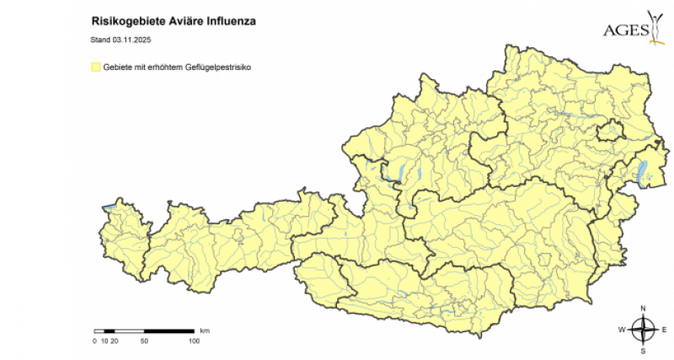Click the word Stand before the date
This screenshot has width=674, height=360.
(100, 39)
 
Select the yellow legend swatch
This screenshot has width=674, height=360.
(95, 65)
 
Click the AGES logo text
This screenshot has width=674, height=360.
(626, 30)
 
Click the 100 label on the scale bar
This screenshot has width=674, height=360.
(194, 341)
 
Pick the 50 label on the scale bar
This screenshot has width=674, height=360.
(144, 341)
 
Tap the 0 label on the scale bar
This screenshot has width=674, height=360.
(94, 341)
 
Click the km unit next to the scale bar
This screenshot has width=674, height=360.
(205, 330)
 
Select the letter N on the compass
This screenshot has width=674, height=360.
(643, 308)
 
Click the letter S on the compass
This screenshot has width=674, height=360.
(643, 349)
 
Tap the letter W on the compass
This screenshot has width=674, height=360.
(622, 329)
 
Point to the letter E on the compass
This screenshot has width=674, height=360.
(663, 329)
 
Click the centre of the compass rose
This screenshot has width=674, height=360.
(643, 329)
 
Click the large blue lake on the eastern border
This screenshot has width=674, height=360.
(645, 172)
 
